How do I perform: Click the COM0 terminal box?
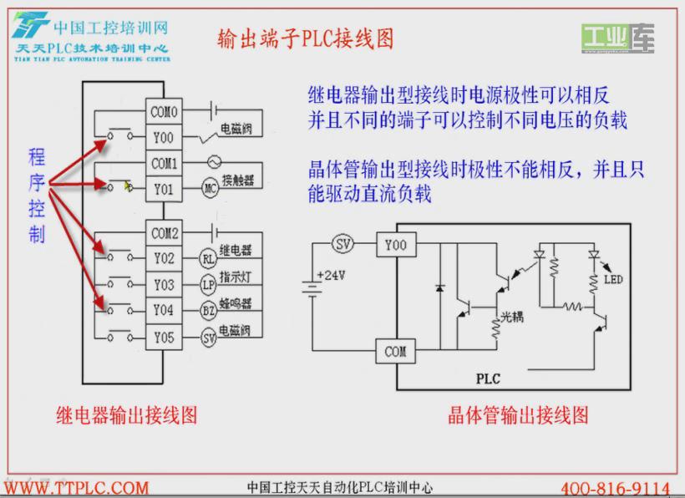164,111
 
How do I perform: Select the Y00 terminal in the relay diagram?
164,136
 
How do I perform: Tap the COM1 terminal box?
164,162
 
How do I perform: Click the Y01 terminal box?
164,189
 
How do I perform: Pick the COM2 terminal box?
164,232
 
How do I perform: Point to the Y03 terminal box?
164,285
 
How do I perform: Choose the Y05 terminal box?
164,338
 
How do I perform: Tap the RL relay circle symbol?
209,258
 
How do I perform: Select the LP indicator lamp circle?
209,285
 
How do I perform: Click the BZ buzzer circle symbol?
209,312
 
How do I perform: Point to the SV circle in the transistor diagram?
342,244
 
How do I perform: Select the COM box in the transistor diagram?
395,352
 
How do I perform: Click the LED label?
612,278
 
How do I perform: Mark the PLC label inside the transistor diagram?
488,379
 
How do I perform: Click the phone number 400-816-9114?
615,488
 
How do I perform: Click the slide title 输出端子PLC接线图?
305,39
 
